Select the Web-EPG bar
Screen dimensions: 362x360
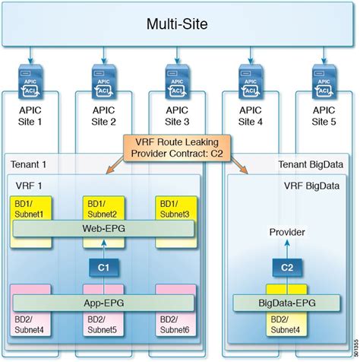tap(103, 228)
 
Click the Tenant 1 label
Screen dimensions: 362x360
tap(29, 164)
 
